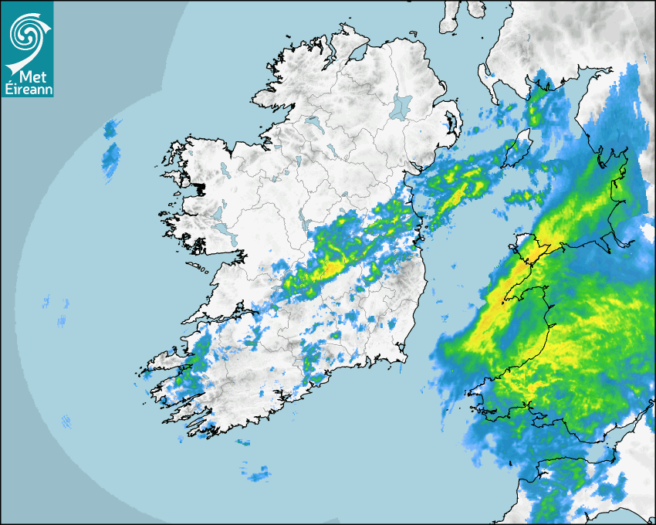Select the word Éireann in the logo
coord(27,89)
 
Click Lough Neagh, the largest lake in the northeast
coord(402,107)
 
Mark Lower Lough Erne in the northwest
coord(313,123)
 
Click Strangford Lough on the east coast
coord(451,124)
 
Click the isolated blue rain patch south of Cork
coord(258,473)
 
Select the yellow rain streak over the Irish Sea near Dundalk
coord(460,188)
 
